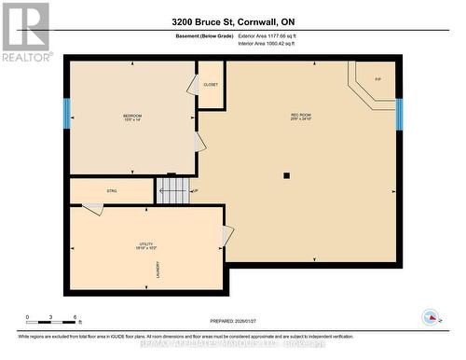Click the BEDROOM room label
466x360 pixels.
[131, 117]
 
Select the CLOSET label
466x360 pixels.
[210, 84]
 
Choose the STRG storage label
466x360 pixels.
[111, 191]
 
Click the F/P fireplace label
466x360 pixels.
[378, 79]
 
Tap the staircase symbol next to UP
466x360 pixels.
[172, 191]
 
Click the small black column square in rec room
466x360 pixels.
[286, 174]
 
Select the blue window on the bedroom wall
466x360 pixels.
[66, 114]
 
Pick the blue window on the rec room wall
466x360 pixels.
[399, 114]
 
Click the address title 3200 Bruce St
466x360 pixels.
[233, 21]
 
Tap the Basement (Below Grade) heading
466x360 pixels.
[204, 35]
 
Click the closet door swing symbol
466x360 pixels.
[192, 86]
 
